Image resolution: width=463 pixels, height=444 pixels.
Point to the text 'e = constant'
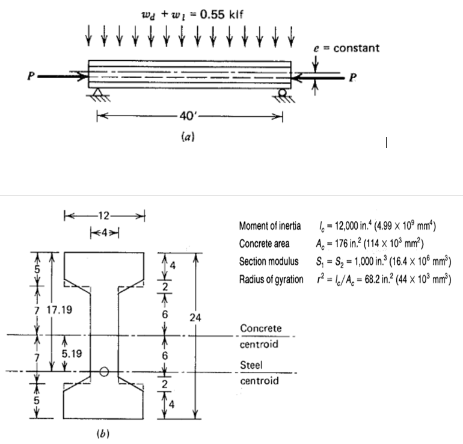347,48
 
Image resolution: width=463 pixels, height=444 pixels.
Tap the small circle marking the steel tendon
104,372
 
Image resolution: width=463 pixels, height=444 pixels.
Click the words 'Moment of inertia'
268,226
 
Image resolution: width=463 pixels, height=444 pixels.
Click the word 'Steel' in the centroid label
250,365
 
